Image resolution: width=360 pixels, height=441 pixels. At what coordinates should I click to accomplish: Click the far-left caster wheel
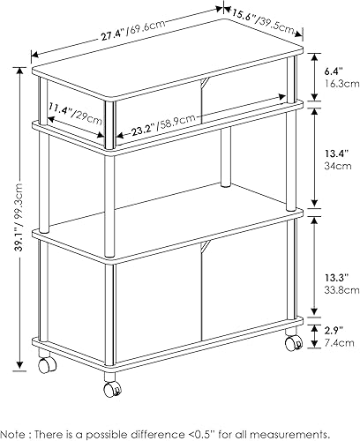(x=43, y=363)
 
